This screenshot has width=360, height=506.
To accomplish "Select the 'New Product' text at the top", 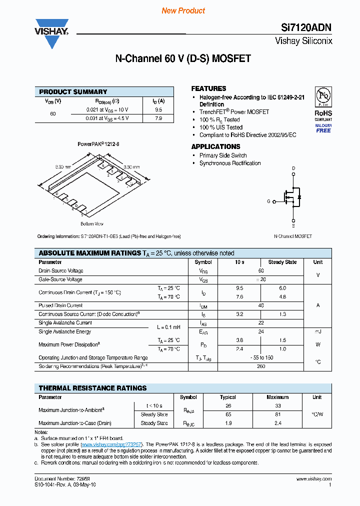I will point(183,10).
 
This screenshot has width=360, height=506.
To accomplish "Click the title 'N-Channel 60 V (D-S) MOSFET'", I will point(183,59).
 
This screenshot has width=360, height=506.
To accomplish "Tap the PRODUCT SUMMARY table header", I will point(73,91).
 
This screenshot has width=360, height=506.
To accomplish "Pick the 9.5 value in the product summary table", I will point(158,109).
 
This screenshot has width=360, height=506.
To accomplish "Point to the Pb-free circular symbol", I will point(323,96).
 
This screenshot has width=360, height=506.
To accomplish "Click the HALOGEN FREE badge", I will point(323,128).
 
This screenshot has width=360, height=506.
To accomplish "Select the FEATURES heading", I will point(208,88).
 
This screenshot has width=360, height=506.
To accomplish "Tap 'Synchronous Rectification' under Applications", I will point(230,163).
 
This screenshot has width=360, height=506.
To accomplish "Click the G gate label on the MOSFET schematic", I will point(268,201).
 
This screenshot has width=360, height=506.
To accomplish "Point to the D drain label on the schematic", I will point(293,168).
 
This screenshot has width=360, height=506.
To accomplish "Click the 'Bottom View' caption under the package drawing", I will point(91,223).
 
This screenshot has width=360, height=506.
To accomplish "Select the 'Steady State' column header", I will point(282,262).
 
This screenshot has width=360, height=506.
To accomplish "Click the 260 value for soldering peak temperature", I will point(261,366).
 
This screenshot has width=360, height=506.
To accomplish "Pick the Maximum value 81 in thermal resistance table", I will point(278,414).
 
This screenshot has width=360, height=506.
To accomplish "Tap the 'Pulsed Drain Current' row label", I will point(60,305).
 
